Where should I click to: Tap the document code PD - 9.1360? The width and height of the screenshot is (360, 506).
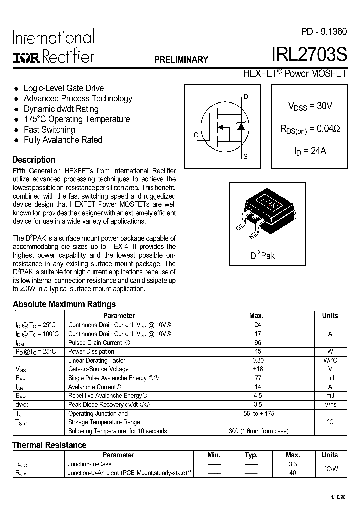(x=323, y=32)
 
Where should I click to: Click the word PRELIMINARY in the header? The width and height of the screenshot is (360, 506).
(x=181, y=60)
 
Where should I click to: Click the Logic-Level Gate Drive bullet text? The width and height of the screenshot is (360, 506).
(x=64, y=88)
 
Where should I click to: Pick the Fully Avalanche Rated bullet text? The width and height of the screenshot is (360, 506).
(x=63, y=140)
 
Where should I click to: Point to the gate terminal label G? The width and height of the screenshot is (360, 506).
(x=196, y=135)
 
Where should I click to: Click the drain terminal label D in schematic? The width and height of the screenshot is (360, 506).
(x=245, y=96)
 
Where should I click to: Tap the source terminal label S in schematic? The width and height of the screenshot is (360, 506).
(x=245, y=157)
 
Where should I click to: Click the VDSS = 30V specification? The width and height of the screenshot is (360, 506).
(x=310, y=106)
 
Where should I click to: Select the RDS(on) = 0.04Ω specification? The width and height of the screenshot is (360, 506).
(x=310, y=129)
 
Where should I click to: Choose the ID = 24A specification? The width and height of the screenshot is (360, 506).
(x=310, y=151)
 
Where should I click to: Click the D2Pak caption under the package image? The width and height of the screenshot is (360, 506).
(x=263, y=256)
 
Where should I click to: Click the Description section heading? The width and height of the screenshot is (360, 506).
(x=34, y=160)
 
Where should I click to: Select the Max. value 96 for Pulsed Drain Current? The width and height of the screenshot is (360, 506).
(x=258, y=343)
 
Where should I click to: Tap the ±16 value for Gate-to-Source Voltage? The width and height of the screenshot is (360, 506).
(x=258, y=369)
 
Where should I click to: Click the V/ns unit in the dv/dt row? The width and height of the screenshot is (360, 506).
(x=330, y=404)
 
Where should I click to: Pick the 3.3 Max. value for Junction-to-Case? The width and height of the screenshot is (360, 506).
(x=293, y=464)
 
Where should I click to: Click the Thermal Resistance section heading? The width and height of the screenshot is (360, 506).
(x=49, y=445)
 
